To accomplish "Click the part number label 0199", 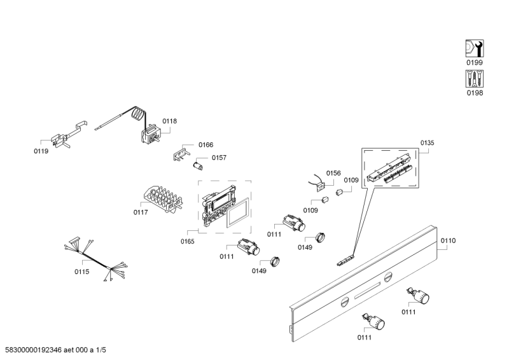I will tap(474, 63).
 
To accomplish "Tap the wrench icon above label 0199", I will tap(474, 48).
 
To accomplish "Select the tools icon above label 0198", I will tap(474, 79).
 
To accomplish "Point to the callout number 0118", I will tap(169, 121).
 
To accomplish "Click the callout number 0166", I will tap(205, 145).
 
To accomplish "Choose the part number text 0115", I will tap(81, 272).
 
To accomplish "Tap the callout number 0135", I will tap(427, 143).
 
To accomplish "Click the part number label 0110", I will tap(448, 240).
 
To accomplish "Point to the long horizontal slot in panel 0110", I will tap(368, 293).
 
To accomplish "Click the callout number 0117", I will tap(141, 212).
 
